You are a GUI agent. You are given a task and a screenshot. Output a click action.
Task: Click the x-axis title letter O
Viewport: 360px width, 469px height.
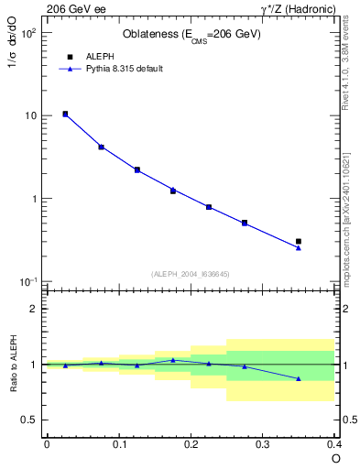335,458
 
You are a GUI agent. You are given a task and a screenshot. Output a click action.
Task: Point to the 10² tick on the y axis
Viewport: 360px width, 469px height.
27,33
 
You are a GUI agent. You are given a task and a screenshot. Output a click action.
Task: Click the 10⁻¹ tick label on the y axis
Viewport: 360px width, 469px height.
27,281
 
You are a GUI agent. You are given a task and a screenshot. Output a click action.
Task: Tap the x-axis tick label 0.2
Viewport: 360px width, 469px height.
191,444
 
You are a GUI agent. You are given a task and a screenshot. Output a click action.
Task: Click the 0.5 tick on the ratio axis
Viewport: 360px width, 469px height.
29,420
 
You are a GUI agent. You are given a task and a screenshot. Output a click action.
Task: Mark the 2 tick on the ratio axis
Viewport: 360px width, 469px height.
33,309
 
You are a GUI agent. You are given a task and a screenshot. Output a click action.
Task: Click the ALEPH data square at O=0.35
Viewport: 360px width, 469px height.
299,241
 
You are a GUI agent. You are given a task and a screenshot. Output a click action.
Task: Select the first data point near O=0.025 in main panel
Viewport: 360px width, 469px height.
65,114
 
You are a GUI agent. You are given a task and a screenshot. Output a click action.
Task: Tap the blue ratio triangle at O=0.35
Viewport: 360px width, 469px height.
299,378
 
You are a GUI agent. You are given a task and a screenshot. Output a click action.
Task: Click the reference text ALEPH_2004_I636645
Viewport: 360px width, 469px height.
190,274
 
